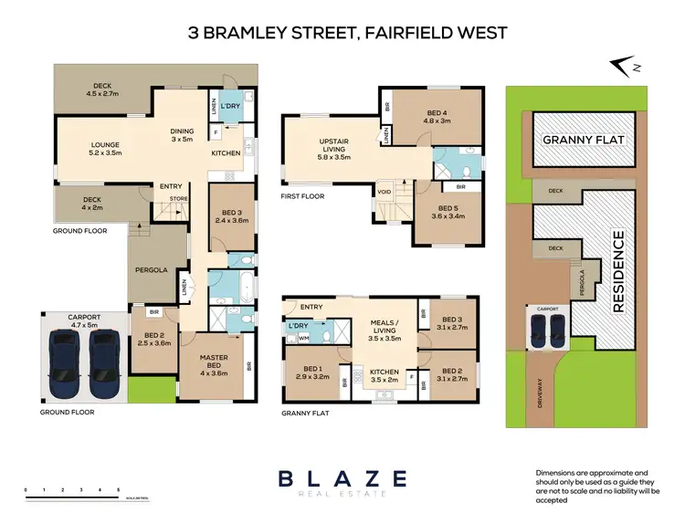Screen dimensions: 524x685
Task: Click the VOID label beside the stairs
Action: (385, 193)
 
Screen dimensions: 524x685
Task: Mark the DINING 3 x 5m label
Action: (183, 135)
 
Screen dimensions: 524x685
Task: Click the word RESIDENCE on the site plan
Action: (618, 272)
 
